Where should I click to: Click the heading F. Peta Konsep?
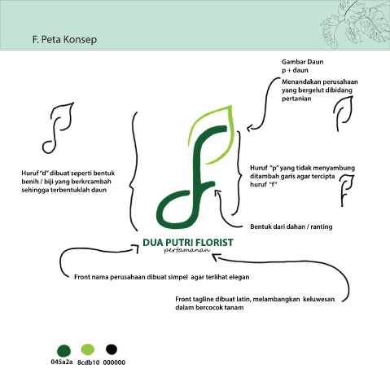click(64, 40)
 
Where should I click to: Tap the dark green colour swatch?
click(64, 351)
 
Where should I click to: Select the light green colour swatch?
click(88, 349)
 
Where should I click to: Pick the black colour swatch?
click(112, 349)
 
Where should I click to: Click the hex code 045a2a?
click(62, 362)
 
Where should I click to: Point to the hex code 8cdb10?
click(89, 362)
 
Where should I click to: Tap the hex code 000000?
click(114, 362)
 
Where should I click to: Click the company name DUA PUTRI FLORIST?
click(188, 243)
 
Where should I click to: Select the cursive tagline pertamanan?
click(187, 250)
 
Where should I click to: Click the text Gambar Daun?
click(302, 62)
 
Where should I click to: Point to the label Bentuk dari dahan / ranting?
click(291, 226)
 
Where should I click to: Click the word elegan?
click(239, 277)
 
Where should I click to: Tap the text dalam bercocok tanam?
click(209, 308)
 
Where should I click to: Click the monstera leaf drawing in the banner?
click(355, 24)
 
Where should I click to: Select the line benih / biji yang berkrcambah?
click(66, 182)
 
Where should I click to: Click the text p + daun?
click(295, 70)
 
